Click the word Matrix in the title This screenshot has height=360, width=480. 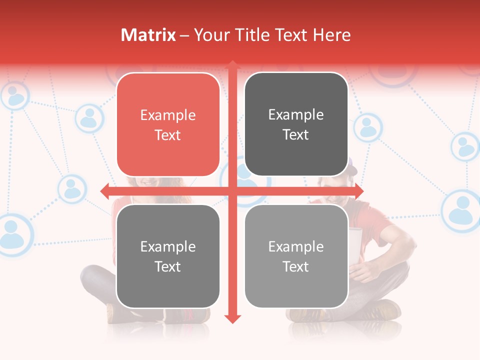[148, 35]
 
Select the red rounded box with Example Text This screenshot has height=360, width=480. [168, 124]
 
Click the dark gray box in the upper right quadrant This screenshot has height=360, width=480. [296, 124]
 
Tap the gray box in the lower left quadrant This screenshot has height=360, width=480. [168, 256]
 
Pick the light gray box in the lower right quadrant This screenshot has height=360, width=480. [296, 256]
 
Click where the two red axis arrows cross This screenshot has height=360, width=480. [232, 190]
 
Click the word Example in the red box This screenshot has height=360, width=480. [168, 115]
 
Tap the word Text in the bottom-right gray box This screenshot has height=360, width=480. [296, 266]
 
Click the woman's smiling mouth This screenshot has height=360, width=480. [148, 182]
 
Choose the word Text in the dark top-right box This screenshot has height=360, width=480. [296, 135]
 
